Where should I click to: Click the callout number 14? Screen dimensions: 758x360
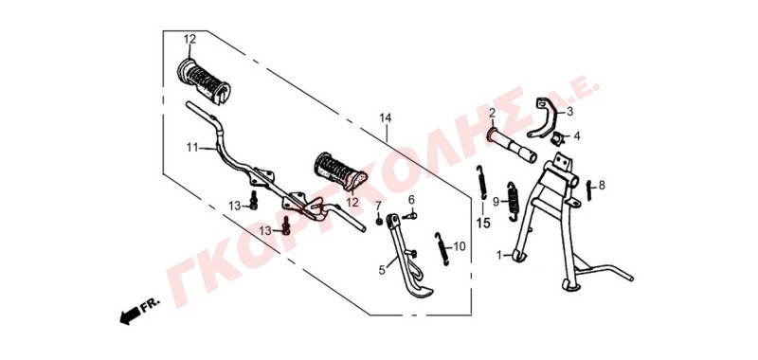[386, 118]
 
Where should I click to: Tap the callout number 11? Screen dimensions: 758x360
[192, 148]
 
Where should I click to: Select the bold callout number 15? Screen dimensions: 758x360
[483, 223]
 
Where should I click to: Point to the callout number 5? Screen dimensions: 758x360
[382, 270]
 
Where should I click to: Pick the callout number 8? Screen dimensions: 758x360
[602, 185]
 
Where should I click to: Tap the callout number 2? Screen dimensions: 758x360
[492, 114]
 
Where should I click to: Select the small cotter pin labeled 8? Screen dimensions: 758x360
[589, 190]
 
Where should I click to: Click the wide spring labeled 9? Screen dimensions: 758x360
[513, 203]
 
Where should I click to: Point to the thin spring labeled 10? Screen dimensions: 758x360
[442, 248]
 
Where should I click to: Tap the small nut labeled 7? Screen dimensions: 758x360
[380, 222]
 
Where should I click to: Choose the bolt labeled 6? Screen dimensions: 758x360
[409, 215]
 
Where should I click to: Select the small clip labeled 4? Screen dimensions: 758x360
[558, 137]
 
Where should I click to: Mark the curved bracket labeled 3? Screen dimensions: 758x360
[542, 117]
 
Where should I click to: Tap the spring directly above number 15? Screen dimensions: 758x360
[481, 182]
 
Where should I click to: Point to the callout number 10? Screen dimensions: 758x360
[460, 247]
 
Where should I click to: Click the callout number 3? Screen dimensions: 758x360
[569, 112]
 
